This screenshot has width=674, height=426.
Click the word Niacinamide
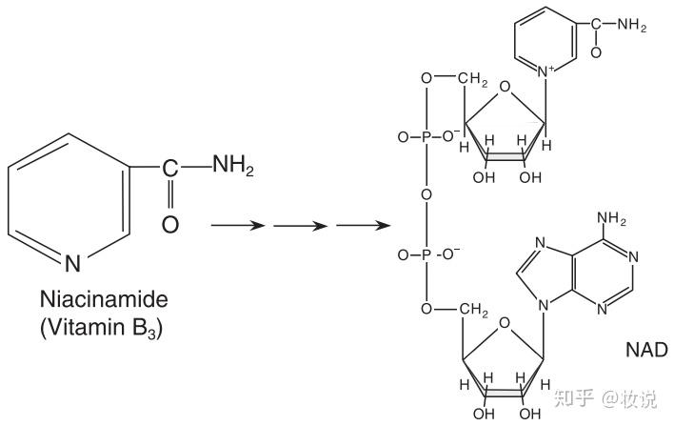click(104, 298)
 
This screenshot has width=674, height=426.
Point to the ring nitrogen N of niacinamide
click(73, 260)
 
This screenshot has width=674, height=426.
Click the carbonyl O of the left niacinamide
click(169, 225)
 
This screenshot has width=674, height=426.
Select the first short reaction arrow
click(234, 226)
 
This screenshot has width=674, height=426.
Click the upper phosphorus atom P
click(426, 136)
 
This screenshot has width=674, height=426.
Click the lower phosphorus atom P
click(426, 255)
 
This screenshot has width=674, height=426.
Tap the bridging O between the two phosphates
click(426, 195)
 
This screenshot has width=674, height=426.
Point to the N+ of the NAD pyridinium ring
click(547, 70)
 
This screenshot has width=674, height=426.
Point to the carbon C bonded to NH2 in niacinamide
click(169, 168)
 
